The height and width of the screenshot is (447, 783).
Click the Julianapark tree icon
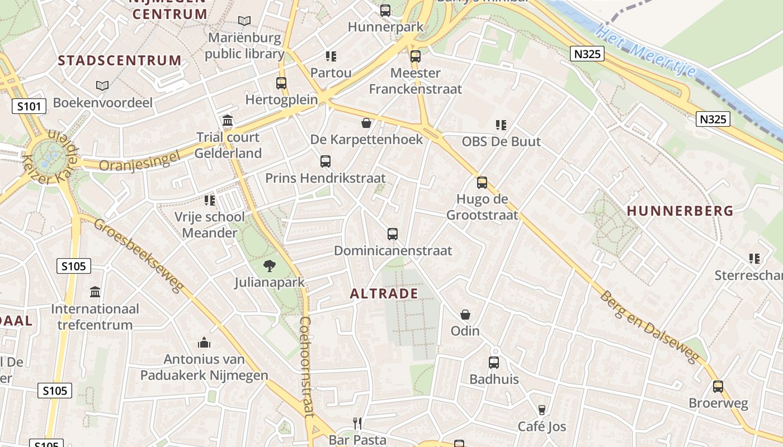pyautogui.click(x=270, y=265)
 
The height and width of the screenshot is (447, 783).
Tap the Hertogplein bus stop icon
pyautogui.click(x=281, y=83)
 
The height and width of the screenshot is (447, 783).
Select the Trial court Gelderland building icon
pyautogui.click(x=228, y=121)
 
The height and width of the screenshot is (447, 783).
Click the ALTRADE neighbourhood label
pyautogui.click(x=384, y=294)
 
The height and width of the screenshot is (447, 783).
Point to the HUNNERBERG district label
pyautogui.click(x=680, y=211)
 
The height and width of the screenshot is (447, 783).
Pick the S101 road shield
pyautogui.click(x=29, y=106)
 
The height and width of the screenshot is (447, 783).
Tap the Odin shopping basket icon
pyautogui.click(x=465, y=315)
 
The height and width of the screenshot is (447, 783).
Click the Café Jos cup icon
pyautogui.click(x=541, y=410)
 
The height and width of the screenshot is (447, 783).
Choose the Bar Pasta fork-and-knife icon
pyautogui.click(x=357, y=423)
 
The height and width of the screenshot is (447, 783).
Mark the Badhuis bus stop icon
pyautogui.click(x=494, y=363)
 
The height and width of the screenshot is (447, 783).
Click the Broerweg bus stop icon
pyautogui.click(x=718, y=387)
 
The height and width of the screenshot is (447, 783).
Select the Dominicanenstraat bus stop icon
pyautogui.click(x=393, y=234)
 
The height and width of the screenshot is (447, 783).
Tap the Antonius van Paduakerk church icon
pyautogui.click(x=204, y=343)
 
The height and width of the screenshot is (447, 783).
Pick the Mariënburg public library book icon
pyautogui.click(x=244, y=21)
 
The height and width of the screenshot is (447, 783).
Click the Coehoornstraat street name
pyautogui.click(x=305, y=367)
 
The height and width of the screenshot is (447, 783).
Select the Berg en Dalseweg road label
pyautogui.click(x=650, y=326)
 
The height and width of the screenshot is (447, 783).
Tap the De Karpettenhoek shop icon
pyautogui.click(x=366, y=122)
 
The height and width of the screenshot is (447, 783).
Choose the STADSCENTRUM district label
pyautogui.click(x=120, y=60)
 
